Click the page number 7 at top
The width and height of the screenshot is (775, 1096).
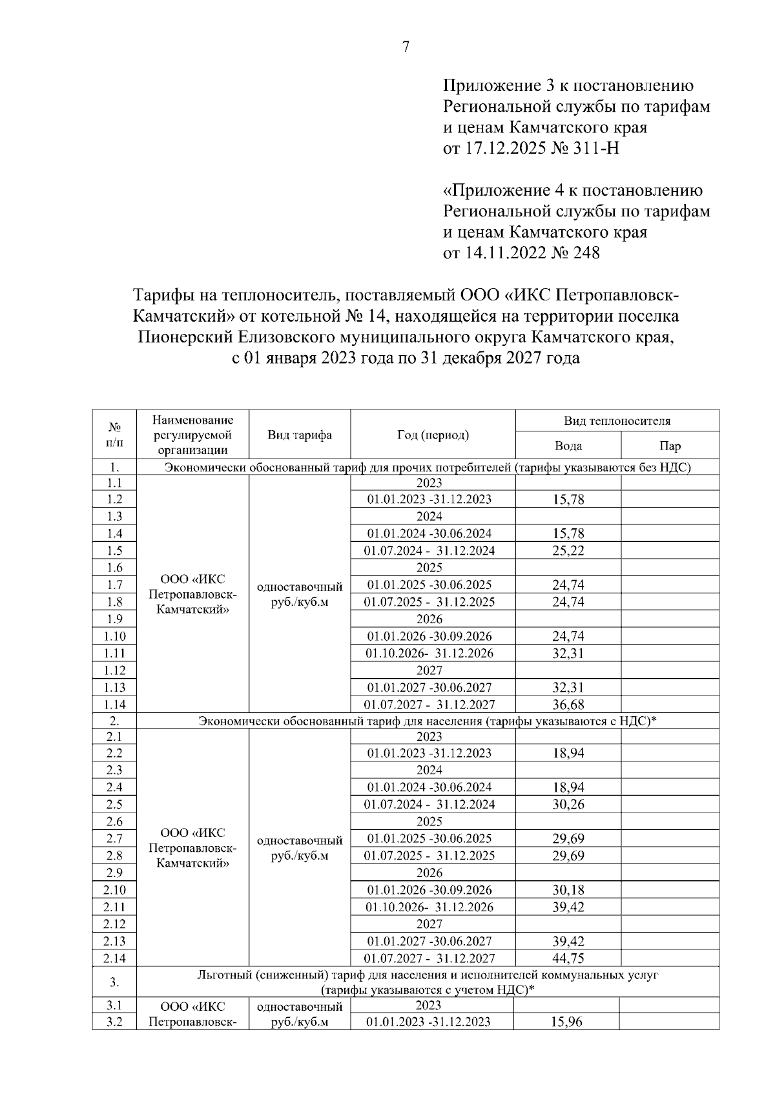pyautogui.click(x=406, y=47)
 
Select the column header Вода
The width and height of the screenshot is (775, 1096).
pyautogui.click(x=568, y=446)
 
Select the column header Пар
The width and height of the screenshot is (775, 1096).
pyautogui.click(x=670, y=446)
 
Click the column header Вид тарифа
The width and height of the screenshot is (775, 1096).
pyautogui.click(x=300, y=435)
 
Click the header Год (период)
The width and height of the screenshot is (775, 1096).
pyautogui.click(x=433, y=435)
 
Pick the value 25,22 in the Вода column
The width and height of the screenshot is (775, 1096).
pyautogui.click(x=568, y=551)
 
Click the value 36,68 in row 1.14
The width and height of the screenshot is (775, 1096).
pyautogui.click(x=568, y=705)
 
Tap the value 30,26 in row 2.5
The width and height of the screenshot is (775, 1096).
pyautogui.click(x=568, y=805)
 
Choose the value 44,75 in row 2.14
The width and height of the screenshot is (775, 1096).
pyautogui.click(x=568, y=958)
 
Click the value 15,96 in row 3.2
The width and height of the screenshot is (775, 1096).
pyautogui.click(x=566, y=1022)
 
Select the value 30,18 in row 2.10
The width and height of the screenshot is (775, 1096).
pyautogui.click(x=568, y=890)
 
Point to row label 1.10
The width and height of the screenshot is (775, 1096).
pyautogui.click(x=114, y=636)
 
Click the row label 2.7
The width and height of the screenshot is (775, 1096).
pyautogui.click(x=114, y=838)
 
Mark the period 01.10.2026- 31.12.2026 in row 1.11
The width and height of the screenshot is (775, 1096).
pyautogui.click(x=429, y=653)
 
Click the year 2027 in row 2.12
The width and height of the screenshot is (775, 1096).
pyautogui.click(x=429, y=924)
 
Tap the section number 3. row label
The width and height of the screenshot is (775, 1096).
pyautogui.click(x=114, y=982)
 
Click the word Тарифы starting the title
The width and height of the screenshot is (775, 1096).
pyautogui.click(x=167, y=296)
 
